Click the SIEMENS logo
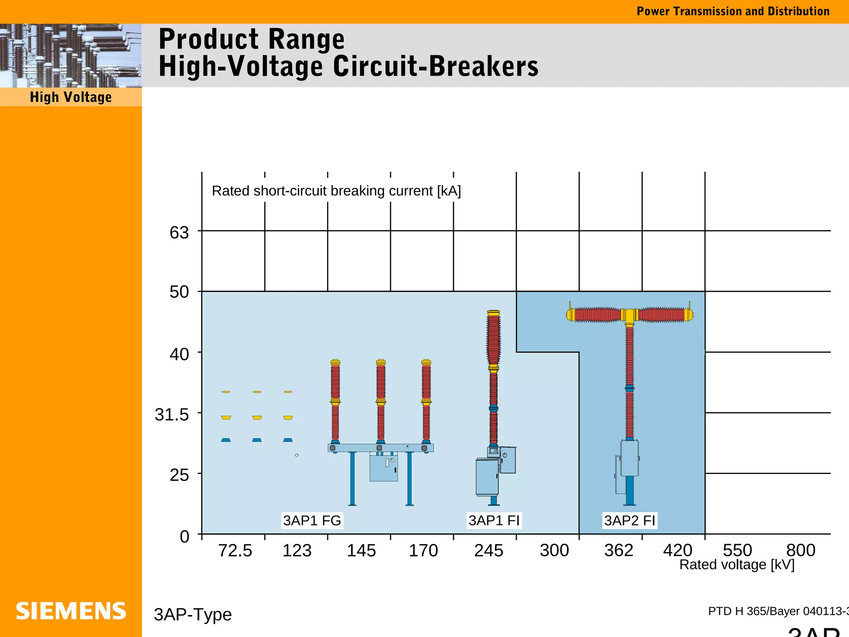pos(71,611)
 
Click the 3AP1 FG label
pos(312,520)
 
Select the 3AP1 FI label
pos(494,520)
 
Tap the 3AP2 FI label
pos(629,520)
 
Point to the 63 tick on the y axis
pos(179,233)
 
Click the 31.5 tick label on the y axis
pos(172,414)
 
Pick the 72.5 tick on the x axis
pos(235,550)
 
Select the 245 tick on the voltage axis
pos(489,550)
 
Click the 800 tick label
pos(800,550)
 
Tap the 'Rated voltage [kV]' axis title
pos(737,565)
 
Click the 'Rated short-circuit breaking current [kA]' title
pos(336,191)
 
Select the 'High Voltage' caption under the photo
pos(71,97)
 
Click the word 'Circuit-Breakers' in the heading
pos(435,66)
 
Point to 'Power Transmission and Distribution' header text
pos(733,11)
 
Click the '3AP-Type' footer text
pos(193,614)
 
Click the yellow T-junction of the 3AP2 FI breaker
pos(629,316)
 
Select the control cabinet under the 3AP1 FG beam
pos(383,468)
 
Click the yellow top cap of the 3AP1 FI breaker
pos(493,313)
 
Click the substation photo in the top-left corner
pos(71,55)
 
